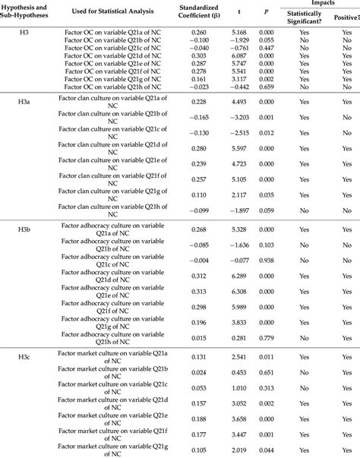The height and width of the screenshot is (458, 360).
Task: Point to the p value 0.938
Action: (267, 261)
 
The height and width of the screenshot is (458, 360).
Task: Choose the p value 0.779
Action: (267, 339)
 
